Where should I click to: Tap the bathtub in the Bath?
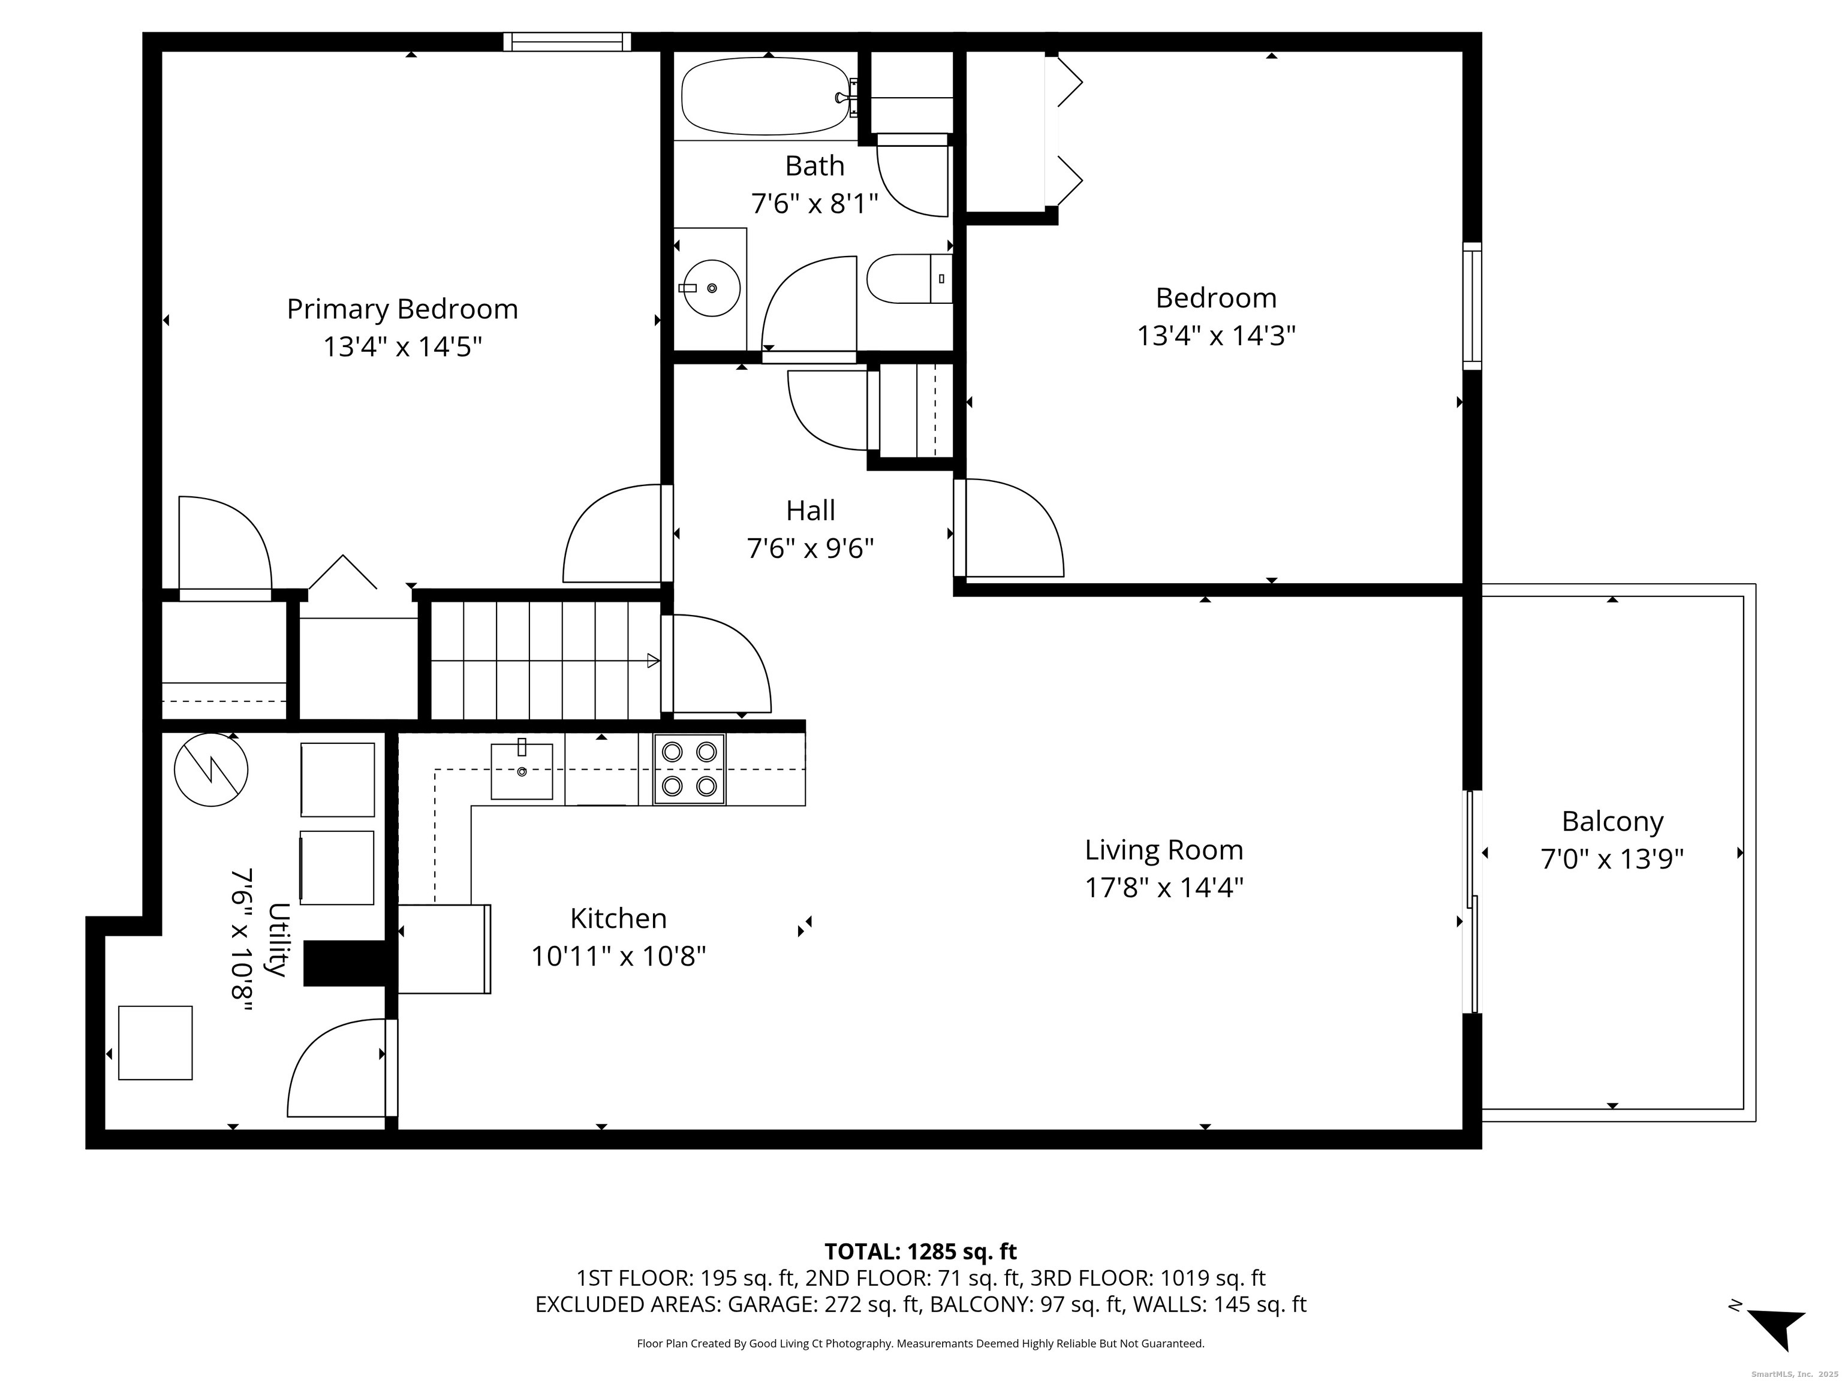click(x=765, y=97)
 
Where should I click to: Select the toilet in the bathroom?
click(x=908, y=279)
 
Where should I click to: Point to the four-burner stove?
click(x=689, y=769)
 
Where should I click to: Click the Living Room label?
click(x=1163, y=850)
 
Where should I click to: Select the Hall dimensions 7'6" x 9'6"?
click(x=810, y=548)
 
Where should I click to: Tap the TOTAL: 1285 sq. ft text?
click(x=920, y=1251)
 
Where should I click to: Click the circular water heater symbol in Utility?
click(x=210, y=769)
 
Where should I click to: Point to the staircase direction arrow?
click(x=653, y=661)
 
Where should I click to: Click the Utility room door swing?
click(x=333, y=1070)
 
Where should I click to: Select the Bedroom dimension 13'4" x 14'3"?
click(x=1216, y=336)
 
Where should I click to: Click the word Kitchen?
click(x=618, y=918)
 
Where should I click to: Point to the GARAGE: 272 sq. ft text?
click(x=824, y=1304)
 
